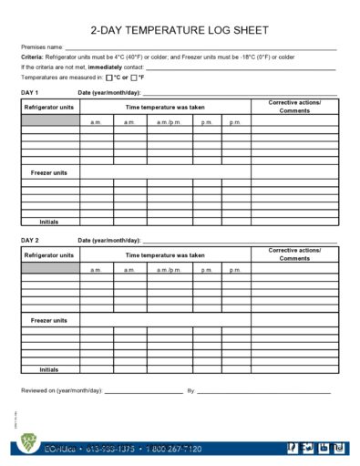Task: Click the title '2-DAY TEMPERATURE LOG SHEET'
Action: click(180, 30)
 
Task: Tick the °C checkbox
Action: click(109, 78)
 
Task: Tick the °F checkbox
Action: click(134, 78)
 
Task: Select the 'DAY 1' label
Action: click(30, 93)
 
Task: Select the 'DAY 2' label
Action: click(30, 240)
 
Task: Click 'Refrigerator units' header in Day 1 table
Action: click(50, 107)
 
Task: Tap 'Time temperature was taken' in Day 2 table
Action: click(165, 255)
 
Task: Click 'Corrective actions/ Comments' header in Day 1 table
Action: click(294, 107)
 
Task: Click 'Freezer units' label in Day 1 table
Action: click(49, 172)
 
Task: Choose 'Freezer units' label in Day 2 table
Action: click(49, 321)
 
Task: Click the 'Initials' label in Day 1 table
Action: click(49, 222)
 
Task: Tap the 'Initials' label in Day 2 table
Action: click(49, 370)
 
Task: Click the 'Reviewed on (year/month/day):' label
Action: click(62, 391)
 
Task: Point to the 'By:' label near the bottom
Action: click(191, 391)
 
